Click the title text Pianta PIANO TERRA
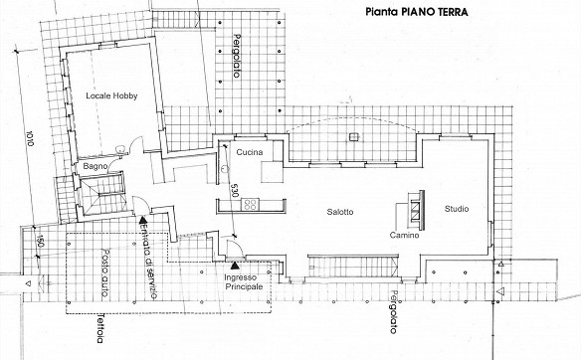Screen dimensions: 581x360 (417, 12)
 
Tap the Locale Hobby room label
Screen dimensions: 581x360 (111, 95)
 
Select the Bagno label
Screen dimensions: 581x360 (96, 167)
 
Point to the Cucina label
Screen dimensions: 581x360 (250, 152)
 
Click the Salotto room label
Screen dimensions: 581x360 (340, 212)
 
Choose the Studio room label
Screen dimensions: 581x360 (457, 209)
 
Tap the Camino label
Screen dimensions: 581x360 (404, 235)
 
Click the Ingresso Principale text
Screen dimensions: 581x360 (244, 282)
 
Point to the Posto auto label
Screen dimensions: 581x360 (104, 272)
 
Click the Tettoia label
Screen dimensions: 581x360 (100, 328)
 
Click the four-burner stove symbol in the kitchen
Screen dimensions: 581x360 (250, 205)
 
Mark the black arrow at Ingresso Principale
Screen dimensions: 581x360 (235, 266)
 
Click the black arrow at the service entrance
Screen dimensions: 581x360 (142, 220)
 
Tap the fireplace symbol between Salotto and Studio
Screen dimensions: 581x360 (416, 210)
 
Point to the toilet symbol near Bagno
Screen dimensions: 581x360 (121, 149)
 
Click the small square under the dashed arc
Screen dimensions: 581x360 (354, 137)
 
